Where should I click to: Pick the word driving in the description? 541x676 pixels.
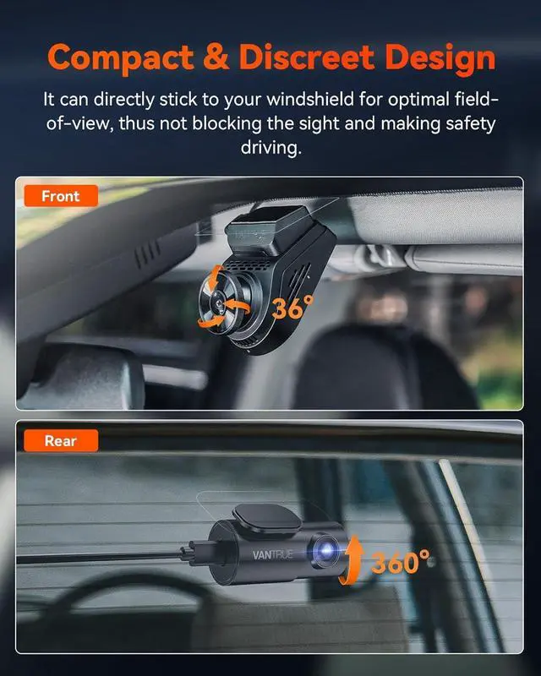click(270, 147)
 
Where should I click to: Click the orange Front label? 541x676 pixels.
click(60, 196)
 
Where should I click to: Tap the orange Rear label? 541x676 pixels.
click(60, 440)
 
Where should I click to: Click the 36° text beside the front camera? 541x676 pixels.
click(292, 308)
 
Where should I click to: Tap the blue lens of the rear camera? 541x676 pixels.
click(325, 550)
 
